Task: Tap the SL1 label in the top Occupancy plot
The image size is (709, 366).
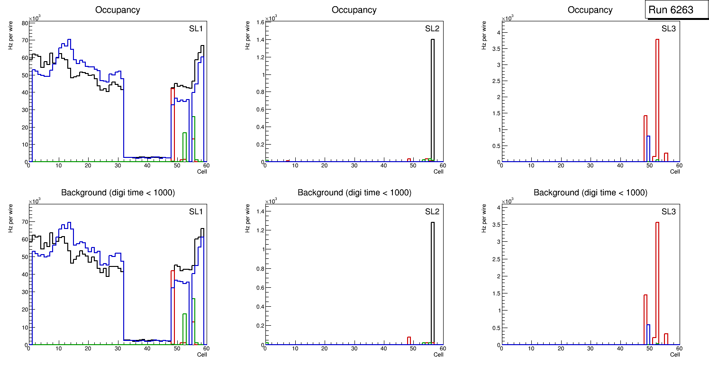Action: click(196, 29)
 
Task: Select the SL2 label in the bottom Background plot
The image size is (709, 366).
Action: click(432, 211)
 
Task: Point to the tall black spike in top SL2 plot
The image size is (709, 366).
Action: click(433, 100)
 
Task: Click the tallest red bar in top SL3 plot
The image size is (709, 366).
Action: click(657, 100)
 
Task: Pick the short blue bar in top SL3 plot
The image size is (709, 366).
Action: click(648, 149)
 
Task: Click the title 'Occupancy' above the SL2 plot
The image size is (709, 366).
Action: click(354, 10)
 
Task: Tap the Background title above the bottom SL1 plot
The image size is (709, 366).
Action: click(118, 192)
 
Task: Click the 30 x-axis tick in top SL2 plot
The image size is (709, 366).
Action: click(354, 165)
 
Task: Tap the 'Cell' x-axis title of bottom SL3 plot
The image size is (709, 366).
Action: click(675, 355)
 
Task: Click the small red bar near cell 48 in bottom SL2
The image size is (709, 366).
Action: click(409, 340)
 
